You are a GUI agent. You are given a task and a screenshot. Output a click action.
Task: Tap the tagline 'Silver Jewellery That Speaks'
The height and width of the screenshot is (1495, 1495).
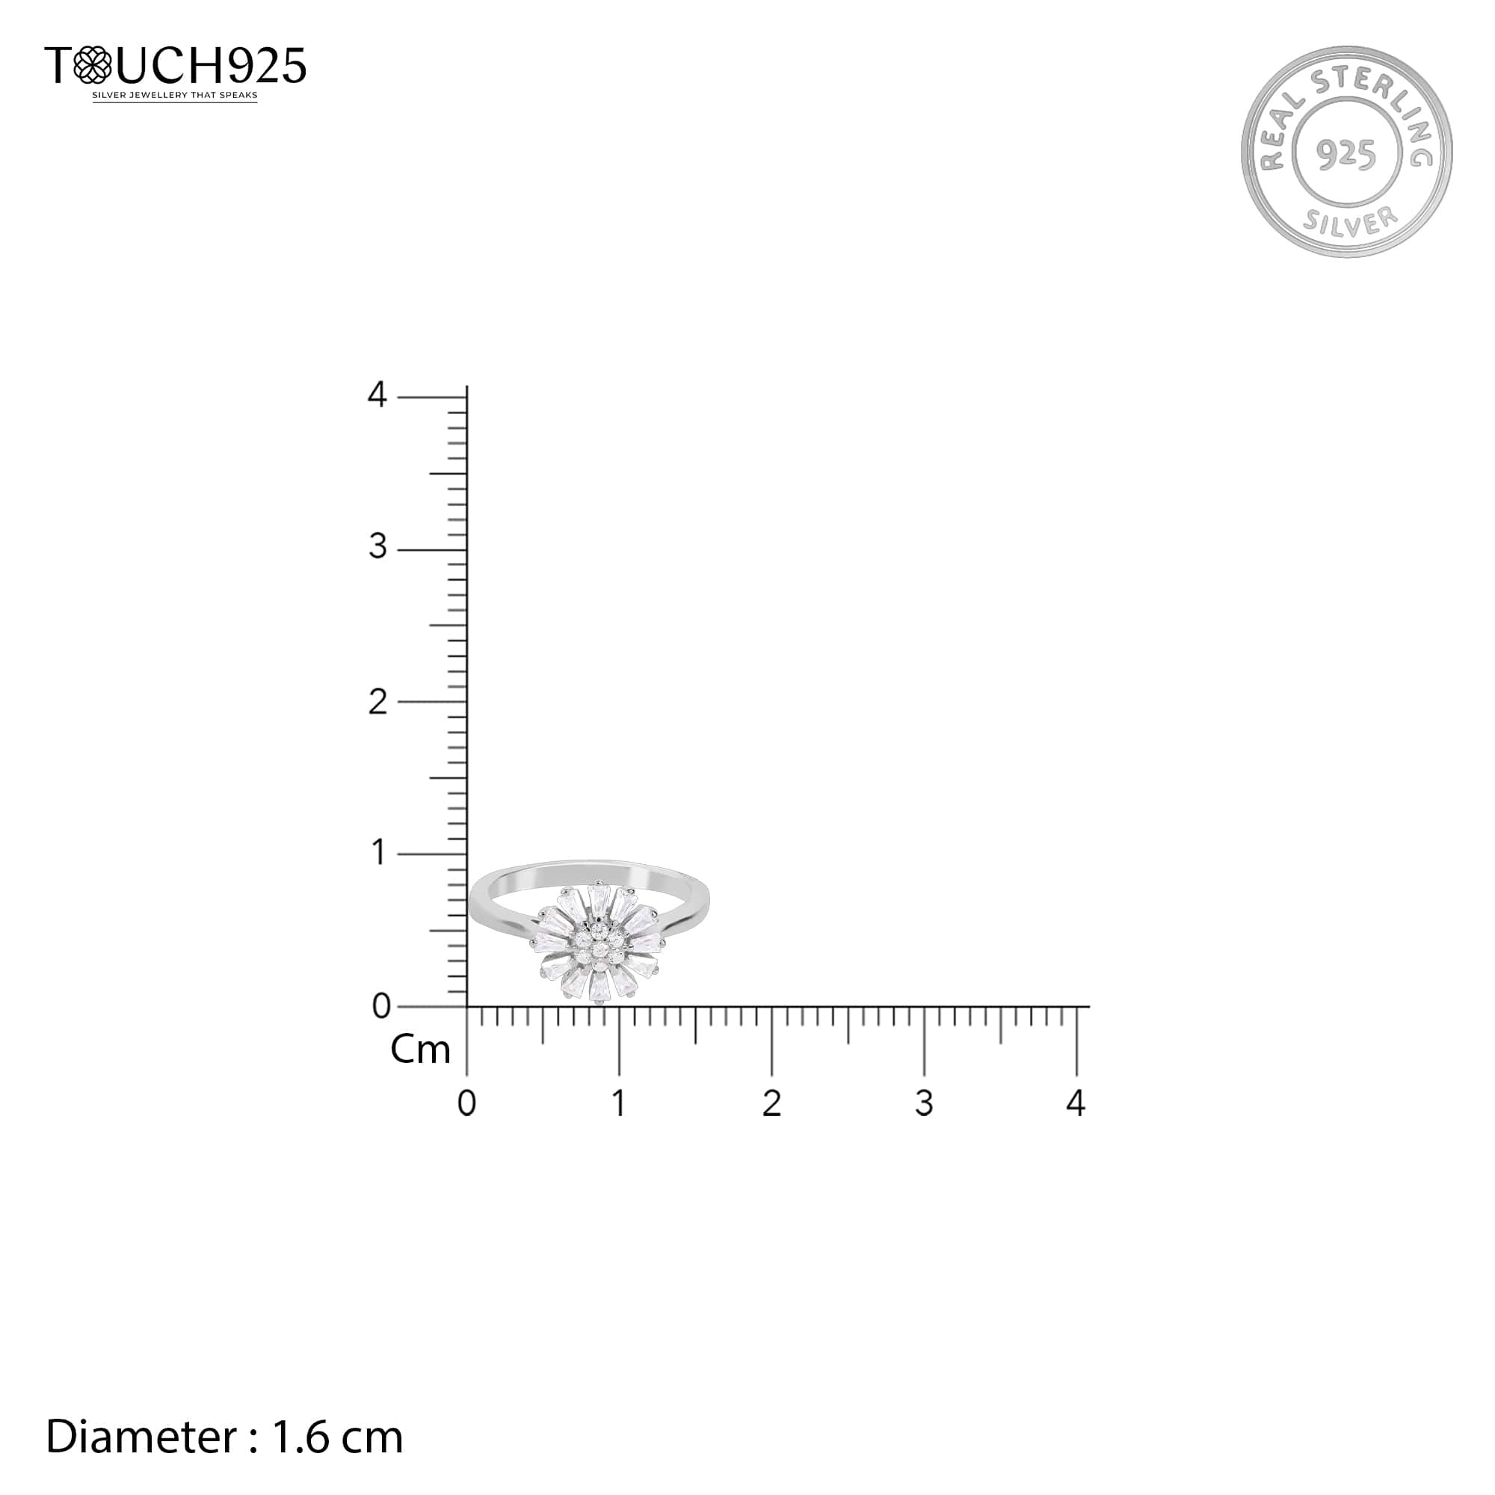coord(175,96)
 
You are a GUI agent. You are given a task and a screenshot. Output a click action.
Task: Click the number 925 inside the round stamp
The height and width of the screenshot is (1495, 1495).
coord(1346,155)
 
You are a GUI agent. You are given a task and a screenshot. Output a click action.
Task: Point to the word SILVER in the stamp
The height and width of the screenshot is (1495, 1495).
coord(1350,222)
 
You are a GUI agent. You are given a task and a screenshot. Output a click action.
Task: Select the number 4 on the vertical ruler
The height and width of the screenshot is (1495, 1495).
coord(377,395)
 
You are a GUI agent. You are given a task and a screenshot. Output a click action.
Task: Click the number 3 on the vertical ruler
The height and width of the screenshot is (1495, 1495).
coord(377,547)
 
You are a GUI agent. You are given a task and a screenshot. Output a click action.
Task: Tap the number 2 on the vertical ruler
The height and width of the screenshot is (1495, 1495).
coord(377,702)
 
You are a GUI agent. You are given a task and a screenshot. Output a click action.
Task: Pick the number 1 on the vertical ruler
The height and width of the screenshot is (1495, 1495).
coord(378,853)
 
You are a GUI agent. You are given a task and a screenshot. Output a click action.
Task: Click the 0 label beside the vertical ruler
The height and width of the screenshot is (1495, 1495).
coord(381,1006)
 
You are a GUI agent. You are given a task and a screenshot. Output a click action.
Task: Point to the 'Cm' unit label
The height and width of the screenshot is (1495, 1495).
coord(420,1050)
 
